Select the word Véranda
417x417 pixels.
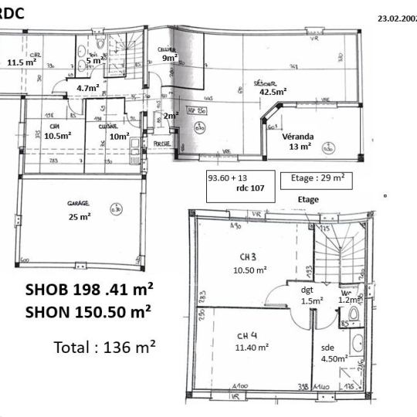(x=297, y=135)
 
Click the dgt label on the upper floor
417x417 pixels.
(x=307, y=290)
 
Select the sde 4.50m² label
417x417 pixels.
(x=332, y=352)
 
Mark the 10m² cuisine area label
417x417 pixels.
(x=119, y=136)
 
